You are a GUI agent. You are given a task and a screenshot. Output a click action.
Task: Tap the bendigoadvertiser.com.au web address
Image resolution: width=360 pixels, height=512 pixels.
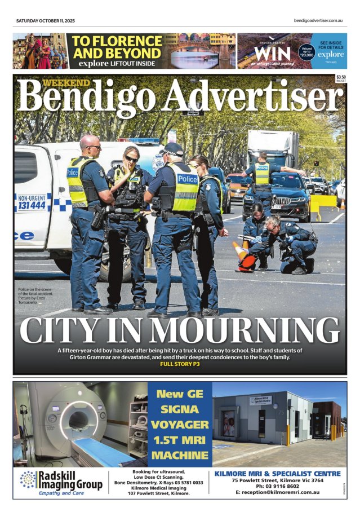point(318,21)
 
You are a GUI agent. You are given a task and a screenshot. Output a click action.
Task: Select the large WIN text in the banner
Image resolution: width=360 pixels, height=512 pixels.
point(272,54)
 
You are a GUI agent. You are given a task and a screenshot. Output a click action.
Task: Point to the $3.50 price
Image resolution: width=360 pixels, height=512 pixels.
point(340,77)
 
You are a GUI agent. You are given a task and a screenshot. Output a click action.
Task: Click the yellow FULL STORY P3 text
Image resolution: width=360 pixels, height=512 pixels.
point(180,364)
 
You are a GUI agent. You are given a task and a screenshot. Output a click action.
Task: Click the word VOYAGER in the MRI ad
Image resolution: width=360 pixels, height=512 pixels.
point(179,425)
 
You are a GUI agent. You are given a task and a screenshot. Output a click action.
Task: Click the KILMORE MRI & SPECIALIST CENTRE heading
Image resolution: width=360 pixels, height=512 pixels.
point(278,473)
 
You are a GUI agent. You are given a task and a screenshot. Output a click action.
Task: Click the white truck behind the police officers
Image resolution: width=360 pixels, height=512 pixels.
point(272,148)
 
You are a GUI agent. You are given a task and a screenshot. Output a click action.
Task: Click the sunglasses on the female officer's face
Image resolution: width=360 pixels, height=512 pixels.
point(131,159)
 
